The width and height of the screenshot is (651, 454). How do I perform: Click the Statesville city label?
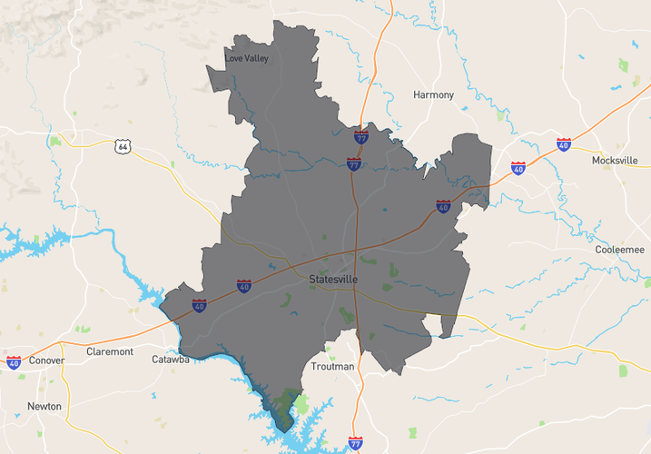[x=332, y=279]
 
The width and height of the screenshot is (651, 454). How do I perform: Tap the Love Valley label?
[x=246, y=59]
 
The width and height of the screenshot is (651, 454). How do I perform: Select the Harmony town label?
[x=433, y=94]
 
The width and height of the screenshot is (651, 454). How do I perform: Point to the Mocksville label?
[x=615, y=160]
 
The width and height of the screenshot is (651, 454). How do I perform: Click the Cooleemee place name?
[x=619, y=249]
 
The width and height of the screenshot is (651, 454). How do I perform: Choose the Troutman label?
[x=332, y=366]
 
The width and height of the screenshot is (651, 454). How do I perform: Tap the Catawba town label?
[x=171, y=360]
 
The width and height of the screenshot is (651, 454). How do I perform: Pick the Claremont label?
[x=109, y=351]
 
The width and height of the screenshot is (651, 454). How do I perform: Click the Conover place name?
[x=46, y=360]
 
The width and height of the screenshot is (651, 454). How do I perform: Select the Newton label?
[x=44, y=406]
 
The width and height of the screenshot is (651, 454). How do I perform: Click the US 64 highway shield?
[x=123, y=146]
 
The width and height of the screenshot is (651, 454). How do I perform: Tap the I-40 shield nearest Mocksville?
[x=564, y=144]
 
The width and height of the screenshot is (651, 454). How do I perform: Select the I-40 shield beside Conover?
[x=14, y=362]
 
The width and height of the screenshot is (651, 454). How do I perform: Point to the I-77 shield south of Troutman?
[x=355, y=443]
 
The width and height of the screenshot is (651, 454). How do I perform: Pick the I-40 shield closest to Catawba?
[x=199, y=305]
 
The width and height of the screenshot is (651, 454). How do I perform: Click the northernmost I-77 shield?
[x=361, y=137]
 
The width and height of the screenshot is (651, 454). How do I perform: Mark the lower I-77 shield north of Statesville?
[x=354, y=163]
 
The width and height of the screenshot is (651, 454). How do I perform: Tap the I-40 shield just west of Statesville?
[x=244, y=287]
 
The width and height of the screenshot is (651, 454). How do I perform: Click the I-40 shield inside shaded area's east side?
[x=443, y=206]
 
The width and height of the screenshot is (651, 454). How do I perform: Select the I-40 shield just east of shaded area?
[x=518, y=168]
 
